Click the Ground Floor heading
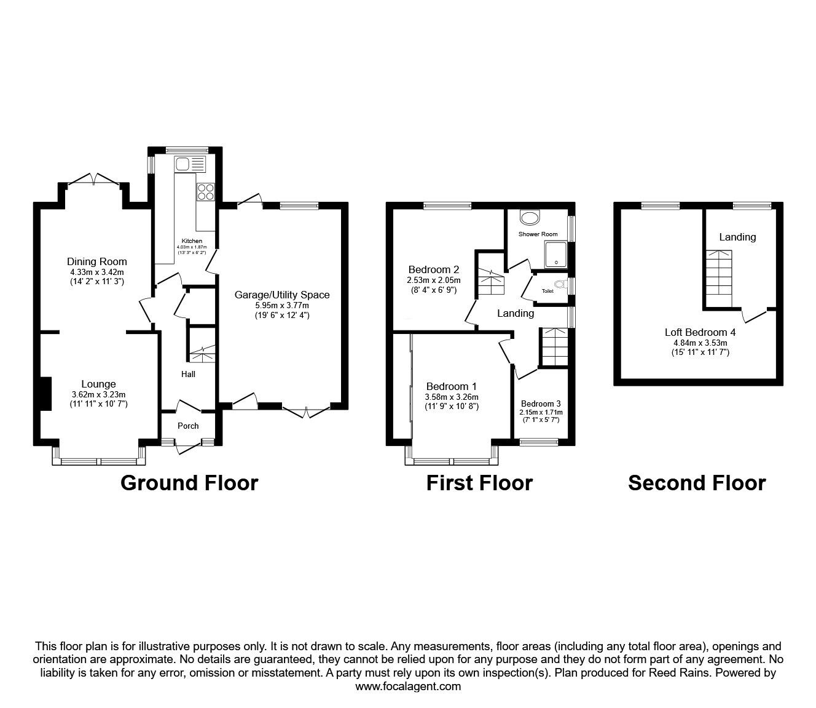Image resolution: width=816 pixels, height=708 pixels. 189,483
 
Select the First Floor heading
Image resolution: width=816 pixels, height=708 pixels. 479,483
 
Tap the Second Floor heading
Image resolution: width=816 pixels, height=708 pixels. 697,483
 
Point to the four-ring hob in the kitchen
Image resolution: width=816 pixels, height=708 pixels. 205,192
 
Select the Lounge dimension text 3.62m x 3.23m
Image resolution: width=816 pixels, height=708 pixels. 98,395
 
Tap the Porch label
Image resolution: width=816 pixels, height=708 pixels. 188,426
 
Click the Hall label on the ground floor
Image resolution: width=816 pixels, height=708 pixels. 188,374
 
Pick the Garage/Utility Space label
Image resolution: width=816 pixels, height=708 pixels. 282,295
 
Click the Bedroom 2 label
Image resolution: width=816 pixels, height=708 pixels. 434,269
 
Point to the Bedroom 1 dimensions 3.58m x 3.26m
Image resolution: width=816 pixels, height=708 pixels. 452,397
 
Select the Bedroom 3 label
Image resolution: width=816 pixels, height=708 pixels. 541,404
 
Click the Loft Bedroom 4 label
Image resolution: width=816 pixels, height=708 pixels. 700,332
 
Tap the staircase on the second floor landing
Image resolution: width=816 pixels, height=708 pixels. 719,273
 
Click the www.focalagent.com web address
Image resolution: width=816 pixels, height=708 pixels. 408,686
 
